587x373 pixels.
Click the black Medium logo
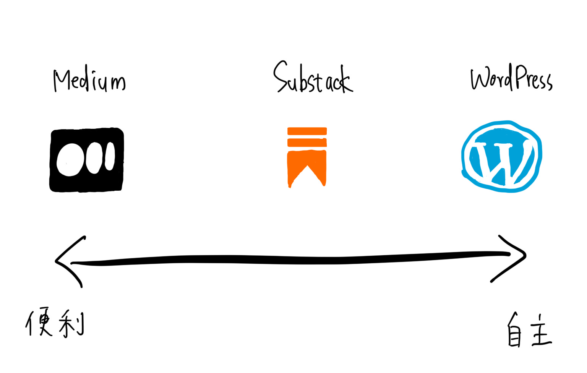click(87, 160)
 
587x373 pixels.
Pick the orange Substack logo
click(307, 157)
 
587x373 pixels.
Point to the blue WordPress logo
click(501, 156)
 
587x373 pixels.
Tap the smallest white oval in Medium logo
click(110, 156)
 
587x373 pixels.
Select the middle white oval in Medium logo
click(94, 158)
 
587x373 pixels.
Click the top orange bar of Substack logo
click(307, 131)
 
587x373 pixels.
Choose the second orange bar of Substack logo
click(307, 143)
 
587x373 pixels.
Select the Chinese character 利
click(72, 324)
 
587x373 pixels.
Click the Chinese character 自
click(514, 331)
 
